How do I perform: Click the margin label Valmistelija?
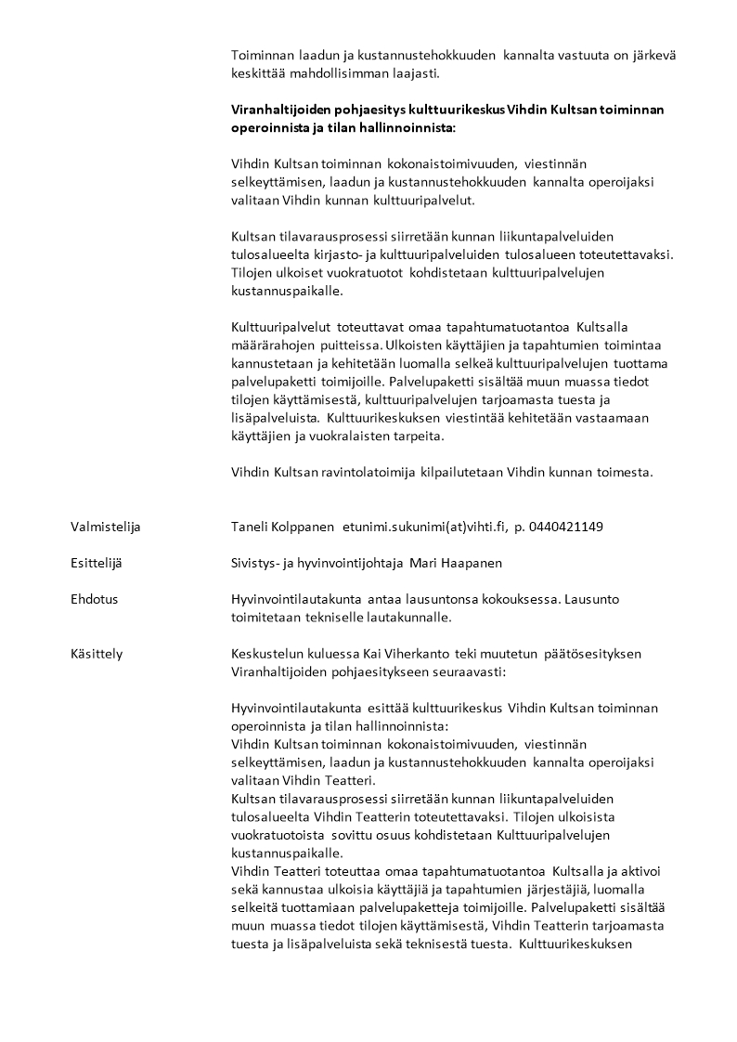(x=105, y=528)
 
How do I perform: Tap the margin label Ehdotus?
(x=94, y=599)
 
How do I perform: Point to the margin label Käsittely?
(x=96, y=654)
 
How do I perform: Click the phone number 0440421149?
(x=566, y=528)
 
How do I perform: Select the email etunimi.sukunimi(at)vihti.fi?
(x=423, y=528)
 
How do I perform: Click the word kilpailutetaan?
(x=462, y=472)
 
